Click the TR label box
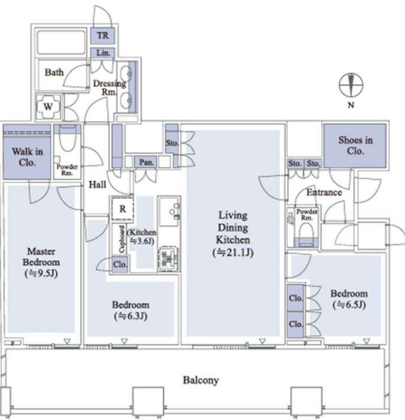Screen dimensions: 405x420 tap(103, 36)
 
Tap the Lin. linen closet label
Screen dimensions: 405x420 tap(103, 53)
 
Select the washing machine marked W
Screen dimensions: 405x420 tap(48, 107)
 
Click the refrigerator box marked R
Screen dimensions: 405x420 tap(122, 209)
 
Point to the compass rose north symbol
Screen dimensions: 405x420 tap(351, 85)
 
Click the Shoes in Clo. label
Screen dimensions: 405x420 tap(355, 146)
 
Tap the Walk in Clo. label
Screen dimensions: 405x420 tap(27, 157)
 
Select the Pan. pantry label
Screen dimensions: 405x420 tap(147, 162)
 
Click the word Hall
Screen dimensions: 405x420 tap(98, 185)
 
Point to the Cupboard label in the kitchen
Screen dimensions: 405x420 tap(122, 239)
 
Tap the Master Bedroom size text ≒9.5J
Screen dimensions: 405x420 tap(41, 274)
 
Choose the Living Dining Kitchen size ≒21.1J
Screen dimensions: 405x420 tap(233, 252)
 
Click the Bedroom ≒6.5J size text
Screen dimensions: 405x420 tap(349, 305)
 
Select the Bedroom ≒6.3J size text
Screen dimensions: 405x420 tap(131, 316)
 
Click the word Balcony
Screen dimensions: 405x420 tap(200, 380)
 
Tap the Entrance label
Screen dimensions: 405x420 tap(324, 193)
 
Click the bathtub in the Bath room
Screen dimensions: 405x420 tap(61, 42)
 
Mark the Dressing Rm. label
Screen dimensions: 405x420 tap(109, 88)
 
